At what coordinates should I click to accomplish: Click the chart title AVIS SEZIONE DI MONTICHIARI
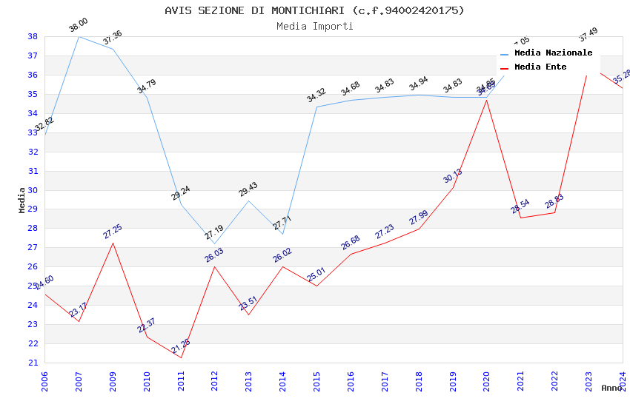314,10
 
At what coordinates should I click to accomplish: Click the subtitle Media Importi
314,27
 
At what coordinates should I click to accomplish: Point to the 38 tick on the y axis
33,36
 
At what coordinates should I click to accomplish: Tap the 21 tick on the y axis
33,363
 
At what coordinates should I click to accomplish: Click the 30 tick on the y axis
33,190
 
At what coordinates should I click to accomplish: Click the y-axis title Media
22,200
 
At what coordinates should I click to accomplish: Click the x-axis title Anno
611,388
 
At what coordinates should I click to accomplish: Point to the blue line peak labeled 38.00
79,36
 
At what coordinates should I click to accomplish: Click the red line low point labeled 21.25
181,357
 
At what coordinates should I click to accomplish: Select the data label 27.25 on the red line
113,232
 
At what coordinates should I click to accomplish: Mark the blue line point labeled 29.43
248,201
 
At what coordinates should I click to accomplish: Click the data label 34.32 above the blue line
316,95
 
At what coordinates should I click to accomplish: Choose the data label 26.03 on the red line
214,255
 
